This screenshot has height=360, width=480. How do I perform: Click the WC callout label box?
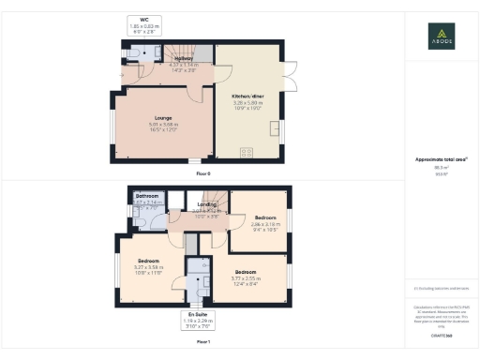(x=144, y=25)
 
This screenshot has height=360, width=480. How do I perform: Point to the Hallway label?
(x=183, y=58)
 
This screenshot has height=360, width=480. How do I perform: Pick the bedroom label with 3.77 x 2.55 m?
(x=246, y=272)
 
